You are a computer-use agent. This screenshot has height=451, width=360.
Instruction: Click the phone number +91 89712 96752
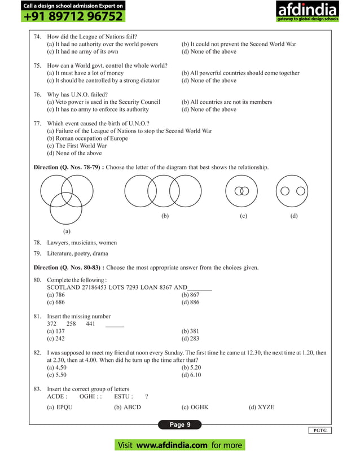point(73,16)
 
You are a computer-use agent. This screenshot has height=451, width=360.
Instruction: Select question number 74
point(37,36)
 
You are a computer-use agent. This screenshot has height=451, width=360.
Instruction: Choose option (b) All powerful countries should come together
point(240,73)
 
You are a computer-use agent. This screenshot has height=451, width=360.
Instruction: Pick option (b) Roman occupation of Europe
point(87,138)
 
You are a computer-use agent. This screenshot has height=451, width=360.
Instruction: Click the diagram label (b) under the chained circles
point(165,216)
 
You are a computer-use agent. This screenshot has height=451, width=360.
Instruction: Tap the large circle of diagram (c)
point(244,191)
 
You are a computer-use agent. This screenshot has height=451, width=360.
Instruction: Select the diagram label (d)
point(293,216)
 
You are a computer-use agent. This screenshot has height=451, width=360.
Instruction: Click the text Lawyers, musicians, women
point(82,243)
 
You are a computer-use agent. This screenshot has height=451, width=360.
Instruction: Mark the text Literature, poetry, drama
point(77,253)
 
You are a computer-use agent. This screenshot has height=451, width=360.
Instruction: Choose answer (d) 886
point(190,302)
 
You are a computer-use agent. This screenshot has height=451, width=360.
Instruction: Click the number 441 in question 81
point(90,323)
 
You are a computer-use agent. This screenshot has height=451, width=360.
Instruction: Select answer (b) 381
point(190,331)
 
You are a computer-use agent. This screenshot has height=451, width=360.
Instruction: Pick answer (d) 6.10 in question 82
point(191,374)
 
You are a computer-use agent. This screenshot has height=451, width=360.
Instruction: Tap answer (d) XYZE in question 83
point(261,406)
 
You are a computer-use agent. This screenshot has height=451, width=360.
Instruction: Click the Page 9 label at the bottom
point(180,424)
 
